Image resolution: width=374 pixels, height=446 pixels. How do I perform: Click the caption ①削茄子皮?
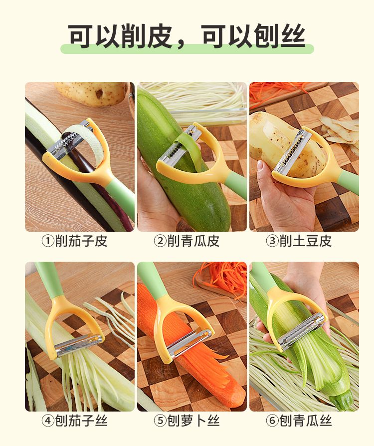click(75, 241)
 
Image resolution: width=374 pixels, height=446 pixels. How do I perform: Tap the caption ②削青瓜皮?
click(187, 241)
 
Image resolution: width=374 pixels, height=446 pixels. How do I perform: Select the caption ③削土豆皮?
click(299, 241)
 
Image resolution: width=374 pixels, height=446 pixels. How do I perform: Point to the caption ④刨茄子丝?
click(75, 421)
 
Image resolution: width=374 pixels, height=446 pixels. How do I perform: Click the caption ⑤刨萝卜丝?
click(187, 421)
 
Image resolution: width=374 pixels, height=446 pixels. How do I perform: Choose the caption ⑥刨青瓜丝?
click(299, 421)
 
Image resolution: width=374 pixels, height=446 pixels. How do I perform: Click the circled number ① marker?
click(48, 241)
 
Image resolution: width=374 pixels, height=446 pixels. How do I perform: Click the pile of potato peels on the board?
click(340, 131)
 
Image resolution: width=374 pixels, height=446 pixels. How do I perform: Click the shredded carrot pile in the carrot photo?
click(221, 277)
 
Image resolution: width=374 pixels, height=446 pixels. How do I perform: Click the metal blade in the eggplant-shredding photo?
click(78, 345)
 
